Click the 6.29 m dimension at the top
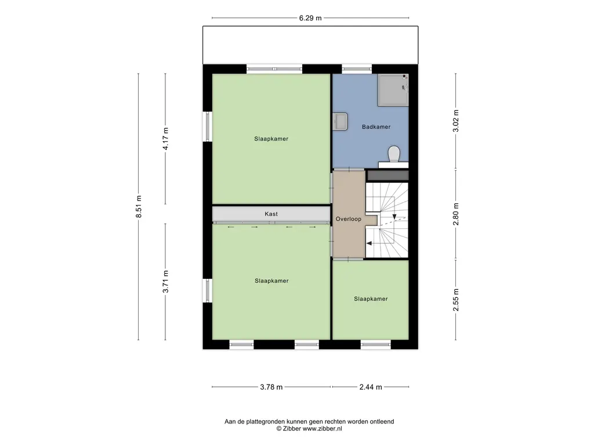310,18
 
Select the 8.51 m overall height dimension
139,207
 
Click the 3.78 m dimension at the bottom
271,387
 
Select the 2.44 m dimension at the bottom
370,387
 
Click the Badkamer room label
376,127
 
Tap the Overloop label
348,219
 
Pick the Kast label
271,214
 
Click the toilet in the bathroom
394,154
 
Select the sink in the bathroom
341,121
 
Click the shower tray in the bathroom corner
393,90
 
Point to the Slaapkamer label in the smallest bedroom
371,299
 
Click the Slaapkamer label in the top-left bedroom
271,139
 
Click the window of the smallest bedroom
376,344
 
